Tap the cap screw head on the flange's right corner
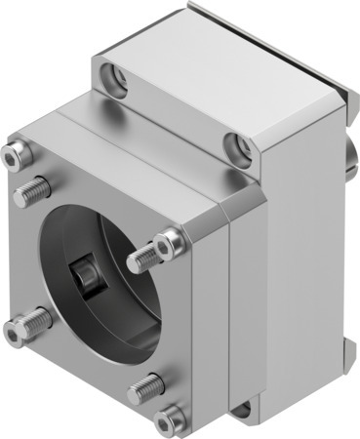click(171, 237)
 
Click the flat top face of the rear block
click(224, 49)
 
